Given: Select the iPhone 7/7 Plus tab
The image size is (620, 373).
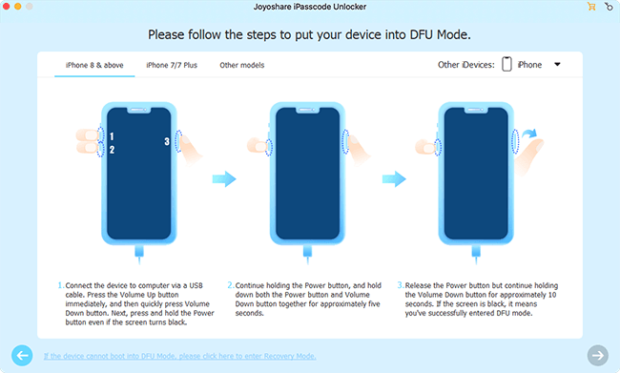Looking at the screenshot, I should [x=172, y=66].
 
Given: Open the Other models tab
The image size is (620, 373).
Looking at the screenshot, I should [x=241, y=66].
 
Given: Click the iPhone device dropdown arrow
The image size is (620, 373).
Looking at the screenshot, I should [x=557, y=65].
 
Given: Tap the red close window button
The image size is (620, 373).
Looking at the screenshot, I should [x=10, y=8].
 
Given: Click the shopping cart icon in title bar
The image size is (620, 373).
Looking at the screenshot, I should [x=591, y=8].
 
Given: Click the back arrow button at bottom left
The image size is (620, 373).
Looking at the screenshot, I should [x=22, y=355].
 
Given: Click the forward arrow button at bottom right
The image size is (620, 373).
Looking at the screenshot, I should [x=597, y=355].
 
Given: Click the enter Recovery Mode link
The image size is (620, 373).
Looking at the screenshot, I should [x=180, y=356].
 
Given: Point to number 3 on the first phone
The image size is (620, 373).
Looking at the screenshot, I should [x=167, y=142].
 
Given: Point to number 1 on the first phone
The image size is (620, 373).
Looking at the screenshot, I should [x=112, y=136].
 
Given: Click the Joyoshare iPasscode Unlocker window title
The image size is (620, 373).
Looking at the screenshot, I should [x=309, y=8].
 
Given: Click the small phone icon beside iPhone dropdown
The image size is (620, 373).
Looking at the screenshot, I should [x=507, y=65].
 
